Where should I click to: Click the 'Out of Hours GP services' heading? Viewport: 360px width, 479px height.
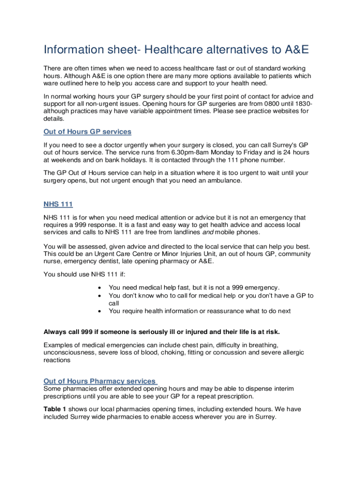click(87, 131)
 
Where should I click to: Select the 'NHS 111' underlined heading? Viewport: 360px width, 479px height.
click(58, 204)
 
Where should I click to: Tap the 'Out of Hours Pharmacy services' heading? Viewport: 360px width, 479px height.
click(100, 381)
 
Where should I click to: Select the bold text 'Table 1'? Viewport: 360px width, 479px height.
click(55, 409)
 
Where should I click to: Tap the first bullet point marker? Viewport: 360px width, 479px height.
click(99, 287)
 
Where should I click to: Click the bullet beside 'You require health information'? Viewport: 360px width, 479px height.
click(99, 311)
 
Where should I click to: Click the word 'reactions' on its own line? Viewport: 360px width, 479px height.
click(57, 360)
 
